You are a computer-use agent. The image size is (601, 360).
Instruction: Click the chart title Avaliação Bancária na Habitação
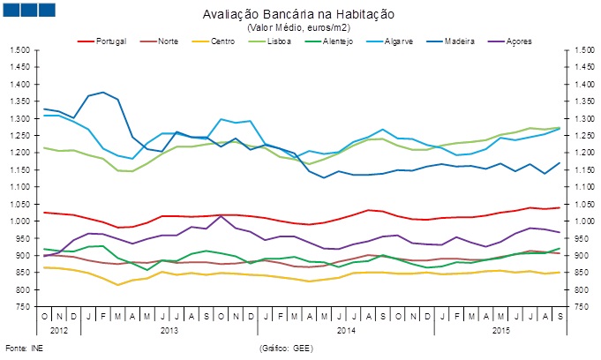298,15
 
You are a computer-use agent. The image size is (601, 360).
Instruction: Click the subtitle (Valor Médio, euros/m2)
298,27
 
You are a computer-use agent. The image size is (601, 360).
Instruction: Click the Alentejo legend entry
338,41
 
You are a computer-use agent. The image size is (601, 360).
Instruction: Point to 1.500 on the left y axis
19,49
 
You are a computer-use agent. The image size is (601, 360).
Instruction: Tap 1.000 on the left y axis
19,221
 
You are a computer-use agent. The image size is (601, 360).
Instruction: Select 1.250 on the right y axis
582,135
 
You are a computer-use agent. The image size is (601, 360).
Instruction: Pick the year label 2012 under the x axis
59,331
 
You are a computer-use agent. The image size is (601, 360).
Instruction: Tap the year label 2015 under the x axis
501,331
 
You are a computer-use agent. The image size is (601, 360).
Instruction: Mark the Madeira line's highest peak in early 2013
103,93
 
